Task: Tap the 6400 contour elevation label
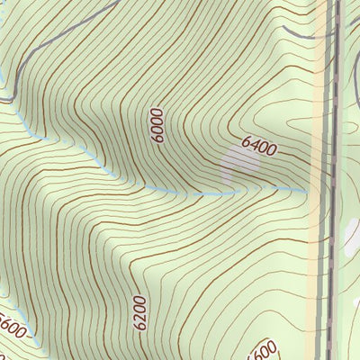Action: (x=258, y=144)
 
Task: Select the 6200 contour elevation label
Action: (x=139, y=312)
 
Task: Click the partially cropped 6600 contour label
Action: (x=262, y=349)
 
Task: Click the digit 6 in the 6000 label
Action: (x=158, y=139)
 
